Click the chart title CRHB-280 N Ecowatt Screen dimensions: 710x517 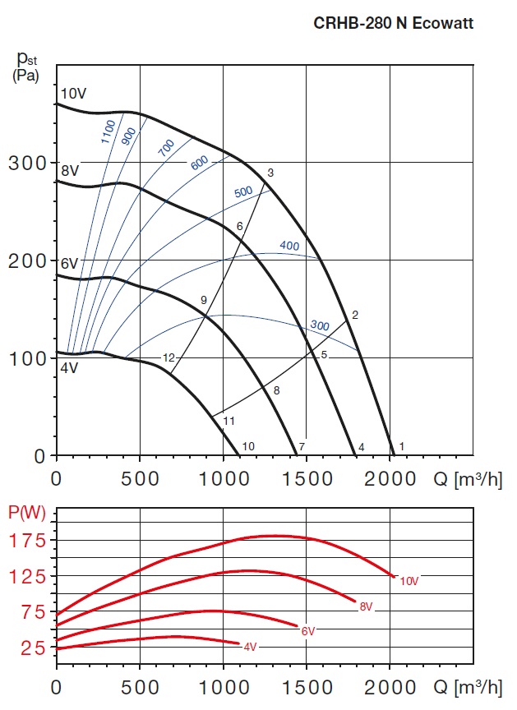[394, 23]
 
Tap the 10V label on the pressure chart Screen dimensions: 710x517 [72, 94]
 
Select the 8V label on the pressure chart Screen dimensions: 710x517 [69, 171]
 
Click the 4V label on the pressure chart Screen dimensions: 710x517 [68, 367]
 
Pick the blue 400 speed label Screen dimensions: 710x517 [289, 246]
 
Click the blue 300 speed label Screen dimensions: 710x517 [319, 326]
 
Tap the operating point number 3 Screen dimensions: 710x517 [270, 173]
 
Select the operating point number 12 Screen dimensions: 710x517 [168, 357]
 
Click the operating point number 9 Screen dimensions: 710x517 [204, 300]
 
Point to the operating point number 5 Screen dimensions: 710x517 [324, 355]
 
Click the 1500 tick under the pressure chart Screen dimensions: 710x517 [306, 474]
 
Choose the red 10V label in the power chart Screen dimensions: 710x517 [409, 582]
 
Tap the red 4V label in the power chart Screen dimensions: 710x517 [251, 647]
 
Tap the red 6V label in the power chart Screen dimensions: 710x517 [308, 631]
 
